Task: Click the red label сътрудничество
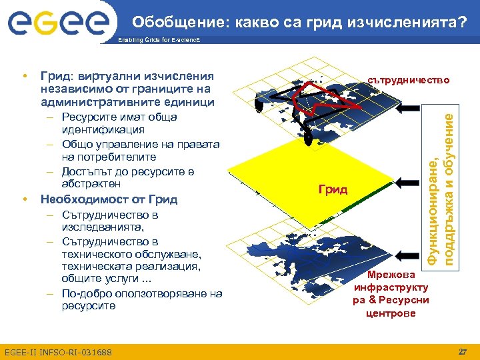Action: click(409, 80)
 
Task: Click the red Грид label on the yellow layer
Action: click(333, 189)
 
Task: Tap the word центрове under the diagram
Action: click(391, 313)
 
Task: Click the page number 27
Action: click(463, 351)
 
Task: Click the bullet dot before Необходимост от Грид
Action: click(24, 199)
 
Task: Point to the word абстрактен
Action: click(91, 183)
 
